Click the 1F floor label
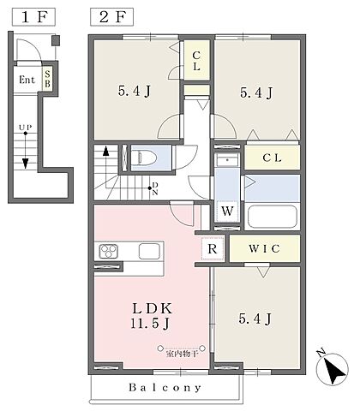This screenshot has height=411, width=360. point(33,17)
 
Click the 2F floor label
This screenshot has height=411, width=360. point(112,17)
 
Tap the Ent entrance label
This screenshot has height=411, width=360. point(27,80)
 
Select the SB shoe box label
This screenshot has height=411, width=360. point(47,79)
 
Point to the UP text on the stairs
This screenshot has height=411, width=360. point(26,128)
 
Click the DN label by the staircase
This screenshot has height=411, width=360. point(155,188)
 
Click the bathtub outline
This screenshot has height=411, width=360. point(272,216)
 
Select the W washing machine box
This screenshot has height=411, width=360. point(227,211)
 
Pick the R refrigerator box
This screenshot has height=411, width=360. point(213,248)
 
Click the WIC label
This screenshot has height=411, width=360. point(264,248)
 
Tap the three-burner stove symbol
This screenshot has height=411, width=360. point(109,251)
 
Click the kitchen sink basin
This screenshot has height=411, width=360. point(149,251)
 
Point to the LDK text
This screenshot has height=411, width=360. point(152,308)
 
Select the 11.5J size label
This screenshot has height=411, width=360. point(150,323)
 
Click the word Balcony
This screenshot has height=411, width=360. point(165,388)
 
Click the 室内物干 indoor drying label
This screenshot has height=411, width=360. point(182,354)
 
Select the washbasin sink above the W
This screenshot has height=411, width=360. point(227,160)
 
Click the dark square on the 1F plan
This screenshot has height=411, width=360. point(56,40)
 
